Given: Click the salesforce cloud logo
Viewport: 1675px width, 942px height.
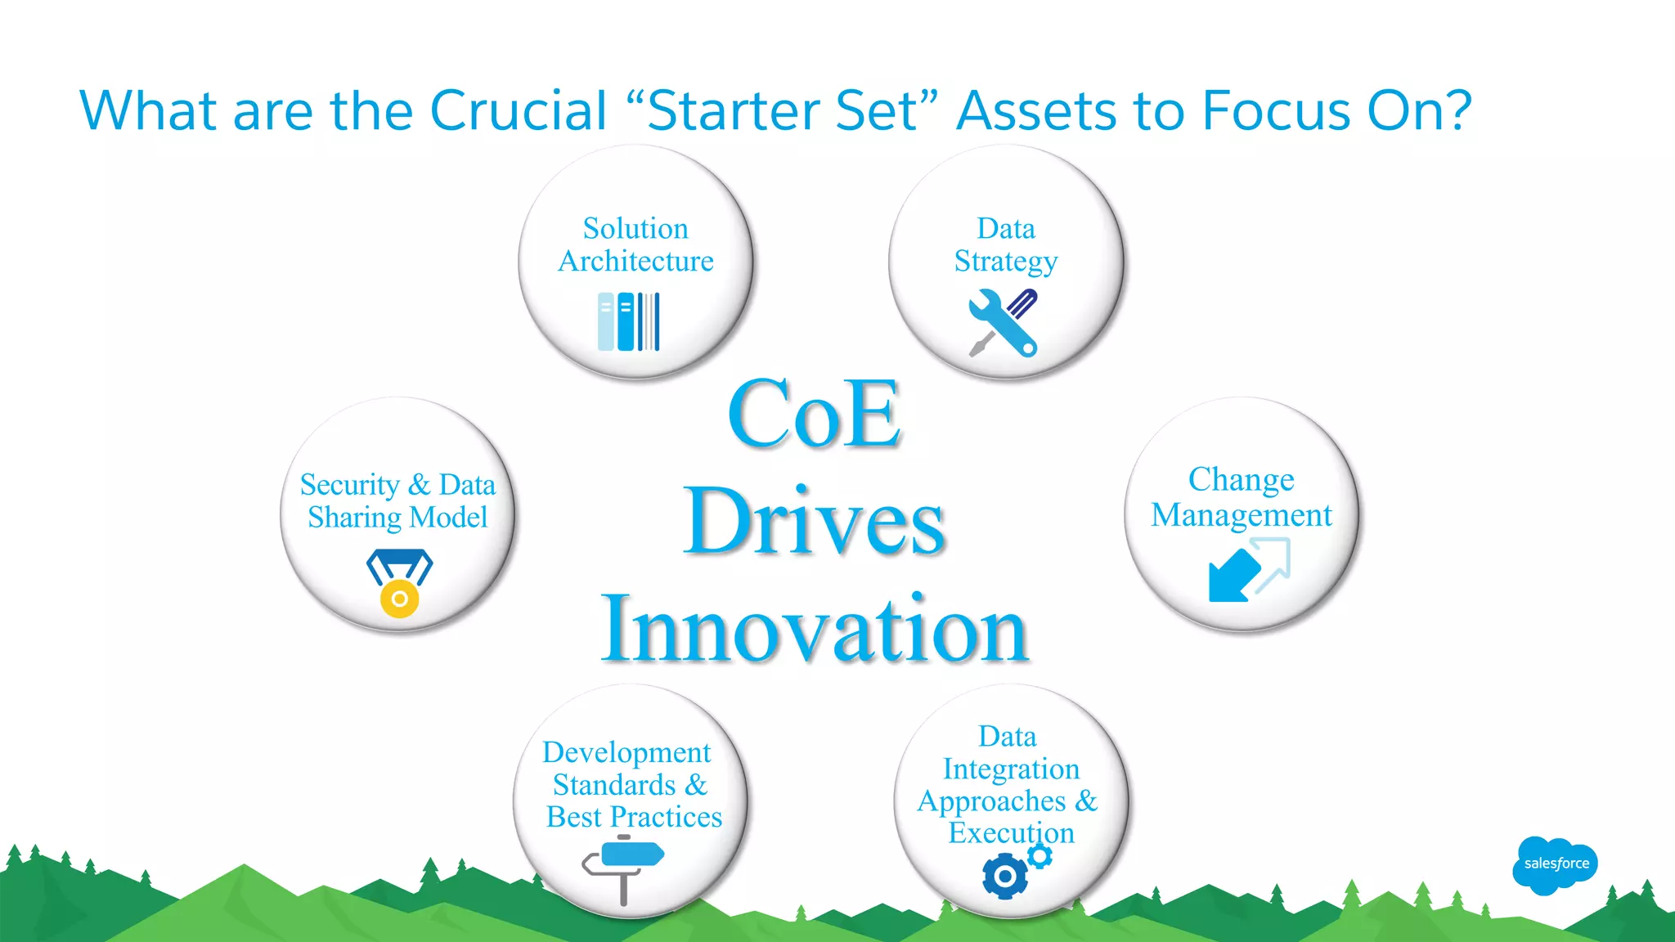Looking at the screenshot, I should click(1555, 864).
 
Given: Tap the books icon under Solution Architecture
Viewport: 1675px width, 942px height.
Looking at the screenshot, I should click(628, 321).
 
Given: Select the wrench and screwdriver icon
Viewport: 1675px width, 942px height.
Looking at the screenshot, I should click(1004, 323).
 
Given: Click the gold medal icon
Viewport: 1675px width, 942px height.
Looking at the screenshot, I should click(399, 584).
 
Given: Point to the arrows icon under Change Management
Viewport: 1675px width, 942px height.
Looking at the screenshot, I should click(1249, 570).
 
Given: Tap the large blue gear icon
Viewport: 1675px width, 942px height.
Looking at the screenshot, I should click(1004, 877).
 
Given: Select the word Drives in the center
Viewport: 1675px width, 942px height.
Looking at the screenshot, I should click(815, 521).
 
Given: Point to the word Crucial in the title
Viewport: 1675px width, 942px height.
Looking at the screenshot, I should click(519, 110).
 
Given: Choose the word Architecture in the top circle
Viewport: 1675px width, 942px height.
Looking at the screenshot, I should click(635, 261).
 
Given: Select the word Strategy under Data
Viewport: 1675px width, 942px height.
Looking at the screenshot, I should click(1006, 262).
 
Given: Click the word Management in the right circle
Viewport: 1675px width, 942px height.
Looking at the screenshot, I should click(1242, 515).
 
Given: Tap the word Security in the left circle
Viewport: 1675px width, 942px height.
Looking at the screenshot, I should click(349, 485).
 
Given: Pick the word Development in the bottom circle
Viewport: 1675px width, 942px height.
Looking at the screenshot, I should click(626, 752).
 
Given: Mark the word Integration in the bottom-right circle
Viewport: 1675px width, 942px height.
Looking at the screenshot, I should click(1011, 769).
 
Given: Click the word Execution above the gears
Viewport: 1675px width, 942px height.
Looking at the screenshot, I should click(1011, 832).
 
